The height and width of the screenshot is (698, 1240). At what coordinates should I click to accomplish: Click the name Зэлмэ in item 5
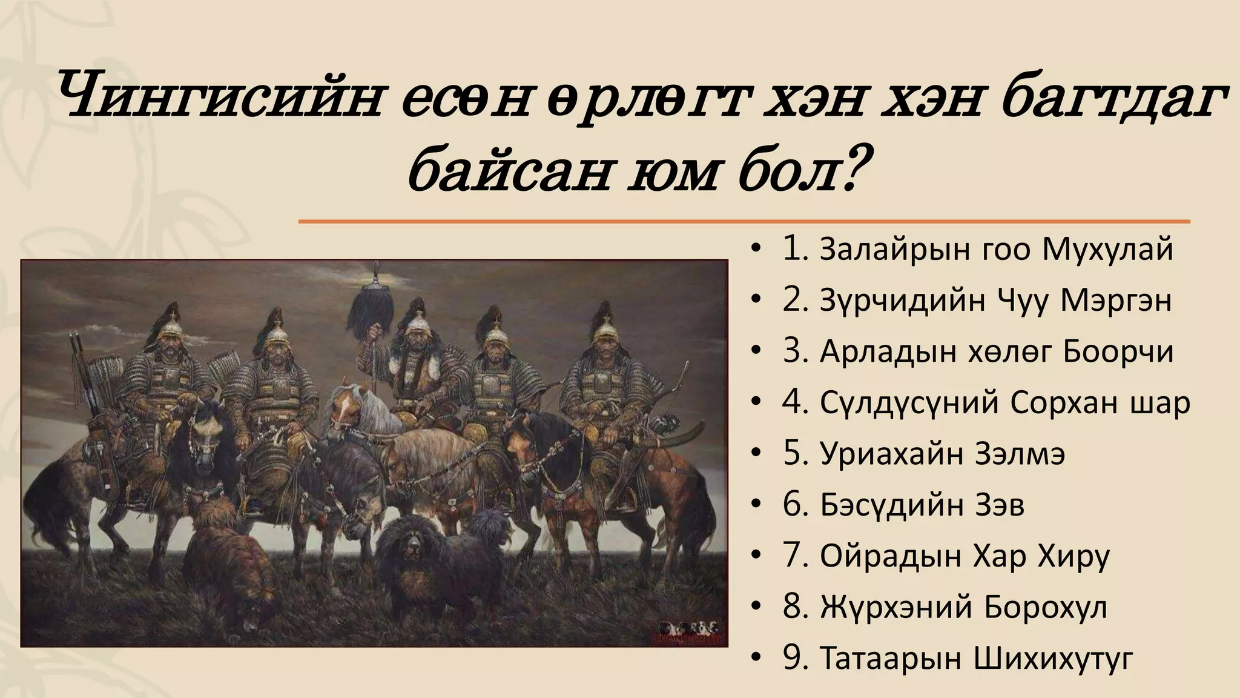[1020, 453]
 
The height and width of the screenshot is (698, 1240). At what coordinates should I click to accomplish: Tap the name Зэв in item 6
[999, 504]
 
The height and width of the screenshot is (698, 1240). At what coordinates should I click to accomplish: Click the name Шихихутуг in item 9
[1053, 658]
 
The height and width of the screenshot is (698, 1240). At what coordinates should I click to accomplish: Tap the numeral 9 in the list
[792, 658]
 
